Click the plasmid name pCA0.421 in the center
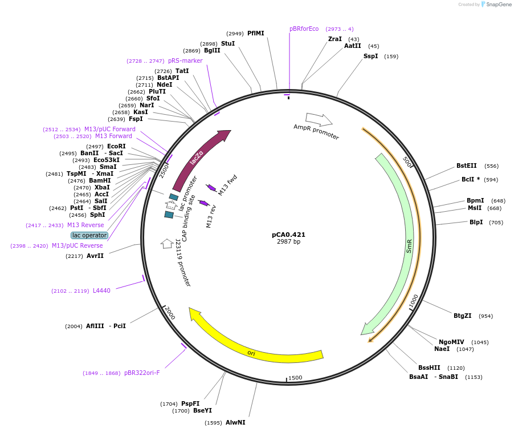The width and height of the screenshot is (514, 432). (288, 235)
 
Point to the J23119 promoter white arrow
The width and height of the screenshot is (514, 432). (167, 244)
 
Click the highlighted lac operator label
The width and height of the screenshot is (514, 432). (89, 235)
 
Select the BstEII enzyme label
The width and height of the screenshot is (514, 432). (466, 166)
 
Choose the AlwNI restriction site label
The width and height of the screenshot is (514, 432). (235, 423)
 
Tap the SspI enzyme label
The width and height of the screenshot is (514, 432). (370, 56)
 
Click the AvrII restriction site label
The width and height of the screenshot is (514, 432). (95, 256)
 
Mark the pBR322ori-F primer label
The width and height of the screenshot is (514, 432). (142, 373)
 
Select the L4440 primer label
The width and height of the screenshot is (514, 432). (101, 290)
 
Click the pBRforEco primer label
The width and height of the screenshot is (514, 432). (304, 29)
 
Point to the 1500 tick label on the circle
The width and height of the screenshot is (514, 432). (295, 378)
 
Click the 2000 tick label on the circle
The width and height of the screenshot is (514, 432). (170, 313)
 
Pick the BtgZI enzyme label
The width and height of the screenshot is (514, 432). (462, 316)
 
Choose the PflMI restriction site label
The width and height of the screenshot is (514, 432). (256, 33)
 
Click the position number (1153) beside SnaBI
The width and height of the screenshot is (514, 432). (474, 377)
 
